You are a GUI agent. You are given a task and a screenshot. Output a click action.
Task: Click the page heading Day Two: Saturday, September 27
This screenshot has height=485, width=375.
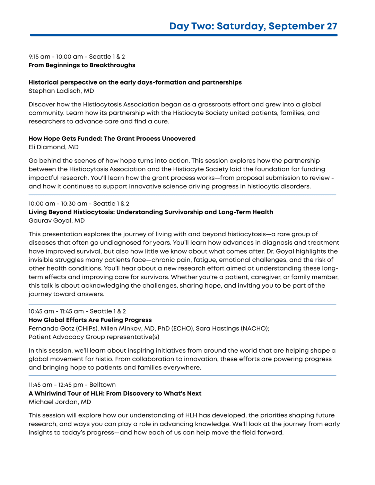click(253, 26)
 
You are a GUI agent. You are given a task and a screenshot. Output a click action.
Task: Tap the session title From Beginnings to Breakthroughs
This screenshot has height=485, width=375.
click(82, 65)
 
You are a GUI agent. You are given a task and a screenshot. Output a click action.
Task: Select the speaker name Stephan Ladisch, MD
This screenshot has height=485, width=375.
click(61, 91)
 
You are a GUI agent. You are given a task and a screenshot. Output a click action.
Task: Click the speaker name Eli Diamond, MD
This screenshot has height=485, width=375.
click(53, 147)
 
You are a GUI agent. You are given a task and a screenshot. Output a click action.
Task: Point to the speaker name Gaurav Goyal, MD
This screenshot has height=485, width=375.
click(56, 220)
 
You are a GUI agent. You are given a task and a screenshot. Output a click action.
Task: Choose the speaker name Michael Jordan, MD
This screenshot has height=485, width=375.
click(60, 402)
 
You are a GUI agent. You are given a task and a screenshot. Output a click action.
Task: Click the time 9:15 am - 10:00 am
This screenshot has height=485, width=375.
click(56, 57)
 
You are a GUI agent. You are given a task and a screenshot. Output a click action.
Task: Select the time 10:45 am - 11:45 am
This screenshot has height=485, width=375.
click(56, 311)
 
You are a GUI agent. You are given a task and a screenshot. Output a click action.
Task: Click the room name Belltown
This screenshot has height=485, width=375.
click(103, 385)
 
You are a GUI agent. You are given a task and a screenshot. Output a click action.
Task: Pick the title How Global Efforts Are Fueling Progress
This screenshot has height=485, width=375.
click(90, 320)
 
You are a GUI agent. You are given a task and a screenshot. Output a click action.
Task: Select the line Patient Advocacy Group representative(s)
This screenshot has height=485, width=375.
click(94, 337)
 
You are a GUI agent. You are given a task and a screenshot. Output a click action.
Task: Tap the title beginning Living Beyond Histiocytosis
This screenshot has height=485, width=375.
click(151, 212)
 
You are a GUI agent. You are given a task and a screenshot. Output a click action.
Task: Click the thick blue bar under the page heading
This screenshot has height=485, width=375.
click(184, 35)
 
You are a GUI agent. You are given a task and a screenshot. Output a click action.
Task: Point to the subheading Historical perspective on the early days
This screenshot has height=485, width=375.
click(135, 82)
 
